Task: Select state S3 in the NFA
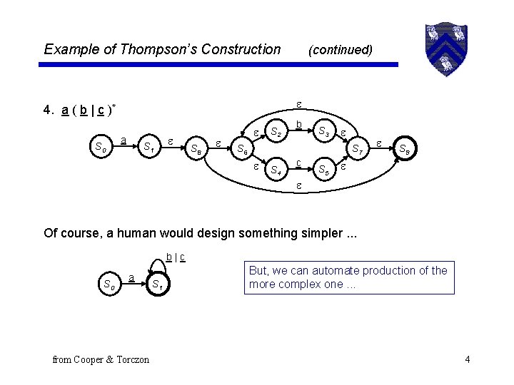click(x=324, y=132)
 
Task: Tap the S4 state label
click(x=275, y=170)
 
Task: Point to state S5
click(x=324, y=170)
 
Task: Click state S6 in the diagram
click(x=243, y=152)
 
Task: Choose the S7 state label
click(x=357, y=150)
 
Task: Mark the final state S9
click(x=404, y=150)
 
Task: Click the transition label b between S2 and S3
click(x=299, y=124)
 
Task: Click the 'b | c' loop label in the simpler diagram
click(x=176, y=257)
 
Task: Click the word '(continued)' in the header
click(x=340, y=50)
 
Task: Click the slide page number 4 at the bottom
click(x=467, y=359)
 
